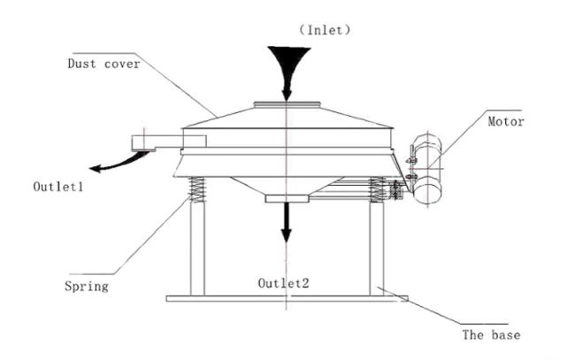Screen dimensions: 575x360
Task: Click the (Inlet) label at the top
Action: point(325,30)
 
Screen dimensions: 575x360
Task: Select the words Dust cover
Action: point(103,64)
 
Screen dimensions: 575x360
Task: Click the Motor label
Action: point(506,121)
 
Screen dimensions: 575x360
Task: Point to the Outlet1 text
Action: point(57,187)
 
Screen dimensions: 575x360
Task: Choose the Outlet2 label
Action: point(283,283)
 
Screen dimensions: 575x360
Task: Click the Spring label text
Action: point(87,287)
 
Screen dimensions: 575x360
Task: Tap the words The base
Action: point(491,334)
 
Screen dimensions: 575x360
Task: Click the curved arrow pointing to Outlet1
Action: point(119,163)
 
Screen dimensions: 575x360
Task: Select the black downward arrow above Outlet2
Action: point(286,222)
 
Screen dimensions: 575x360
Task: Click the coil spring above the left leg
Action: point(197,189)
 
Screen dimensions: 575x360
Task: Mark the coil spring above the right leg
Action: point(377,189)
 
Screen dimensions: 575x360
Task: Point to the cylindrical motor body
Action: point(427,169)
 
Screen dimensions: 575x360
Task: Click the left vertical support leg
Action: point(197,249)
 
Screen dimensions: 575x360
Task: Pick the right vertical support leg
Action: point(377,249)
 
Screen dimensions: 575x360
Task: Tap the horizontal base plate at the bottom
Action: point(287,299)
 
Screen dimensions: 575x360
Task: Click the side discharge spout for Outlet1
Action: point(168,142)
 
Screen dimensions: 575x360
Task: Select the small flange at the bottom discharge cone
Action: point(287,199)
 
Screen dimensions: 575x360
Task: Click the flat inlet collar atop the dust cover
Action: point(287,104)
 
